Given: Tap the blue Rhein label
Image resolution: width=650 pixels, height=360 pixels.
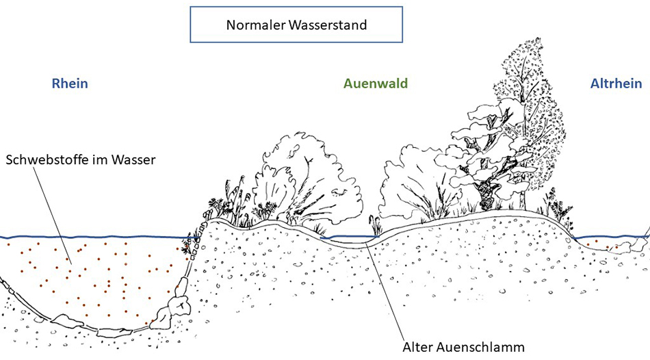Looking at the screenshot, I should tap(70, 84).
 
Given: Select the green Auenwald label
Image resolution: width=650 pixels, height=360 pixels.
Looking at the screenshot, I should tap(376, 84).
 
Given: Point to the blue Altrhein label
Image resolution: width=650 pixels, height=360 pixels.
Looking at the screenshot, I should tap(616, 84).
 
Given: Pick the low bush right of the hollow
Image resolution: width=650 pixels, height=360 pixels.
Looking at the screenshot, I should tap(414, 188).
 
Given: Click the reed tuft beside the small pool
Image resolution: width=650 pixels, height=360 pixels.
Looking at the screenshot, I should tap(374, 226).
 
